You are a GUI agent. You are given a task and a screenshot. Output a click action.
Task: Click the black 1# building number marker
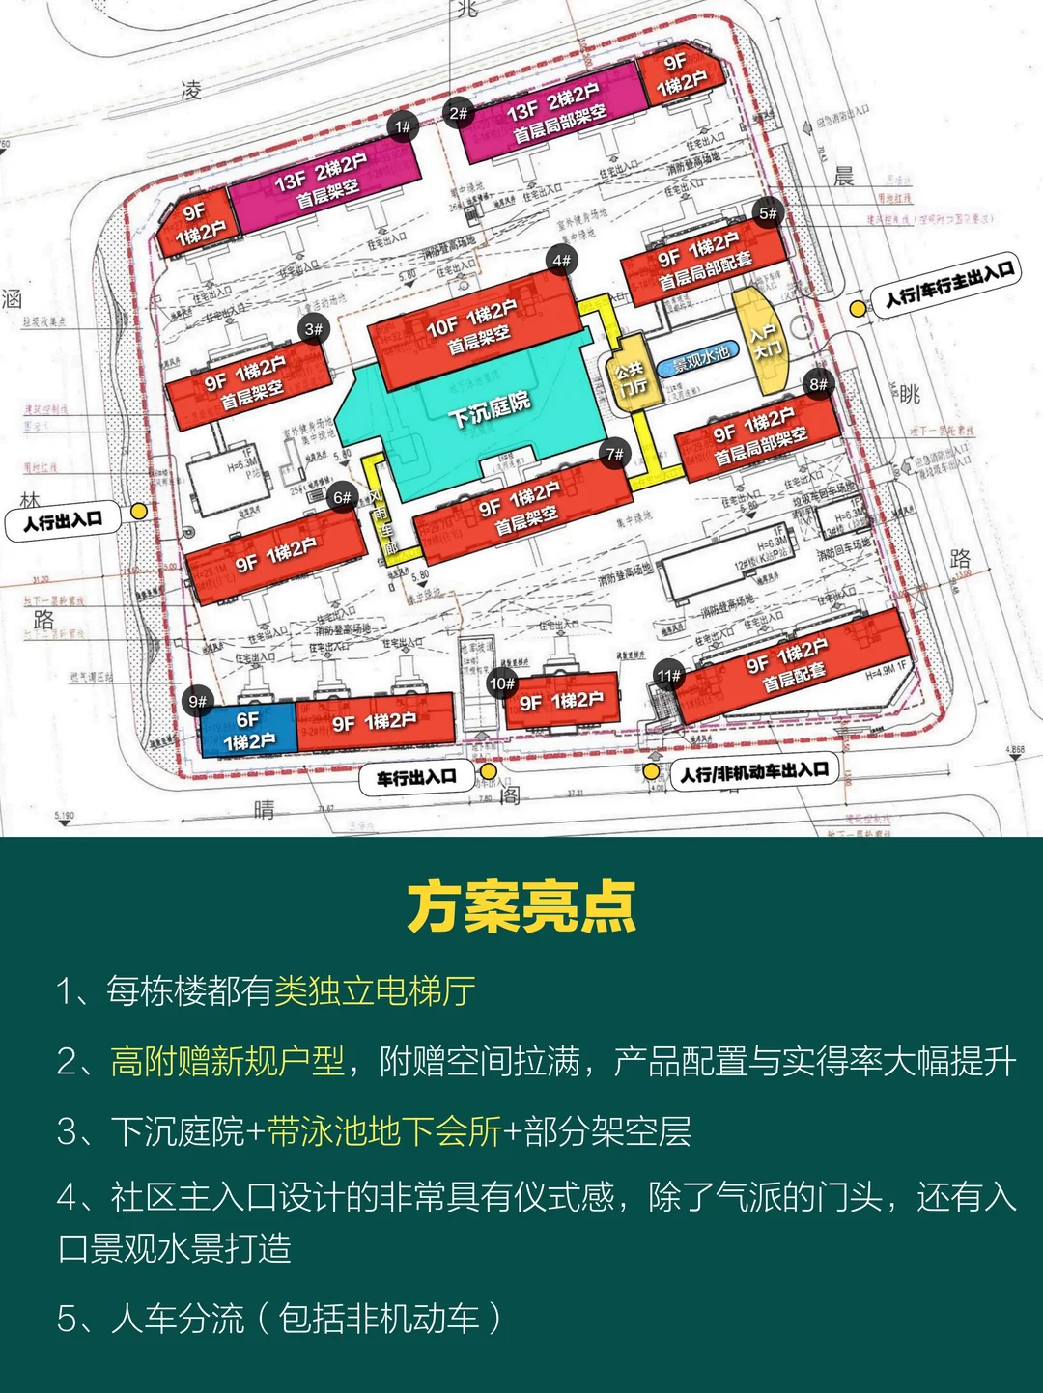tap(403, 126)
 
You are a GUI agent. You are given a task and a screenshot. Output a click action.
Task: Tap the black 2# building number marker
tap(458, 113)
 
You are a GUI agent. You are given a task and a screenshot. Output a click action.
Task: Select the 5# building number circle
tap(768, 213)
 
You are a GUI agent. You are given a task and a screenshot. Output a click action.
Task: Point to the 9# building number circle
tap(198, 702)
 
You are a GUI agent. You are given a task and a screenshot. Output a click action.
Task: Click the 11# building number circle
tap(668, 676)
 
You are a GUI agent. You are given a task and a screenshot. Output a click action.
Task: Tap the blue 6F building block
tap(248, 731)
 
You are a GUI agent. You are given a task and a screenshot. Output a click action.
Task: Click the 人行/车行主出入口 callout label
tap(949, 284)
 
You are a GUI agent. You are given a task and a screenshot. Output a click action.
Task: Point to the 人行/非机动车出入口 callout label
tap(754, 772)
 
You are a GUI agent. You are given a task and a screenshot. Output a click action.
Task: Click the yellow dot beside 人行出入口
tap(140, 511)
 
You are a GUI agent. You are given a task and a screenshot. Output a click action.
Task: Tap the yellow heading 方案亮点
tap(521, 907)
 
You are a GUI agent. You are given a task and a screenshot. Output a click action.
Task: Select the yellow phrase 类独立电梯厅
tap(375, 991)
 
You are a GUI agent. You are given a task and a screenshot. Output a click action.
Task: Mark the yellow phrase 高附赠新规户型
tap(228, 1061)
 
